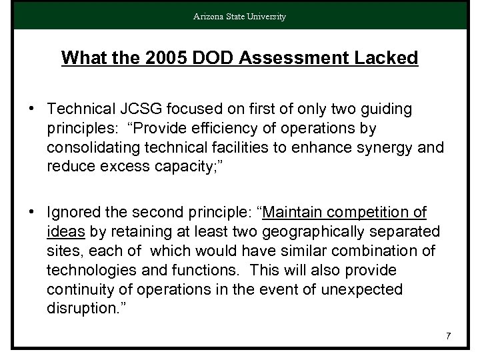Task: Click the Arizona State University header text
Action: coord(239,16)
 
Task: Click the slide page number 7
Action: coord(449,335)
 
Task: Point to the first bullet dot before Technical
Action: coord(32,109)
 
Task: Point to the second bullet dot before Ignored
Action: coord(32,213)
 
